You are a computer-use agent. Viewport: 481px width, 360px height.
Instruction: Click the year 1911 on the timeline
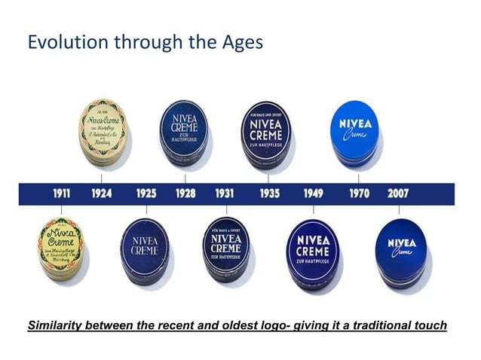(x=61, y=194)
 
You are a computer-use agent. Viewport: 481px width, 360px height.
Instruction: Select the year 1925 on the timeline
(x=146, y=194)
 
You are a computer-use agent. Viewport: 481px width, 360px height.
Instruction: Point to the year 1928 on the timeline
(x=185, y=194)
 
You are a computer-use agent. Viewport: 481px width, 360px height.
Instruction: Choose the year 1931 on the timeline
(x=224, y=194)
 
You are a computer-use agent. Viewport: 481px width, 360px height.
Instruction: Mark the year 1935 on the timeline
(x=269, y=194)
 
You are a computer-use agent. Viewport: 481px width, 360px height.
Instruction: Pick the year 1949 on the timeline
(x=313, y=194)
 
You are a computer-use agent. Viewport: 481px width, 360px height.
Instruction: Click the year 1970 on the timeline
(x=358, y=194)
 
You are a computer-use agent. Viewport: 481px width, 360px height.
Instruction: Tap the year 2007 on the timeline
(x=398, y=194)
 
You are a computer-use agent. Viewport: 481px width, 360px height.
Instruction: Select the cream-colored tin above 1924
(x=103, y=134)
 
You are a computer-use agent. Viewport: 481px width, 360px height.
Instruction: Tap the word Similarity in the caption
(x=58, y=325)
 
